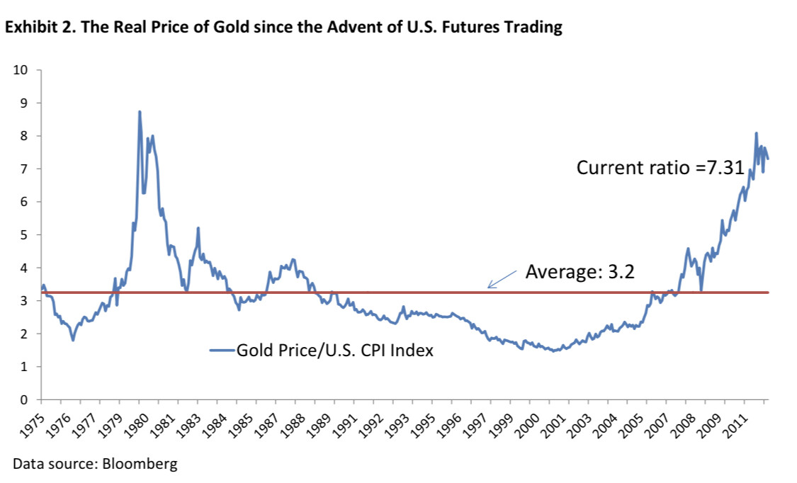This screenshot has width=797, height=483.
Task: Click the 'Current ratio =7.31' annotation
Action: pos(660,168)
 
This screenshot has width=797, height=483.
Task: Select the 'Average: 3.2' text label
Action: pos(580,272)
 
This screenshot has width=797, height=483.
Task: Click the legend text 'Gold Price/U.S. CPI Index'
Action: pos(334,350)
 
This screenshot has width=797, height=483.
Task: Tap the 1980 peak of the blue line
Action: pos(140,112)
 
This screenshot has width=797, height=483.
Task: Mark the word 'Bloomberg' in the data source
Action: pos(140,465)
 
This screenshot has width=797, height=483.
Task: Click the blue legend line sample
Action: pos(221,350)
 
